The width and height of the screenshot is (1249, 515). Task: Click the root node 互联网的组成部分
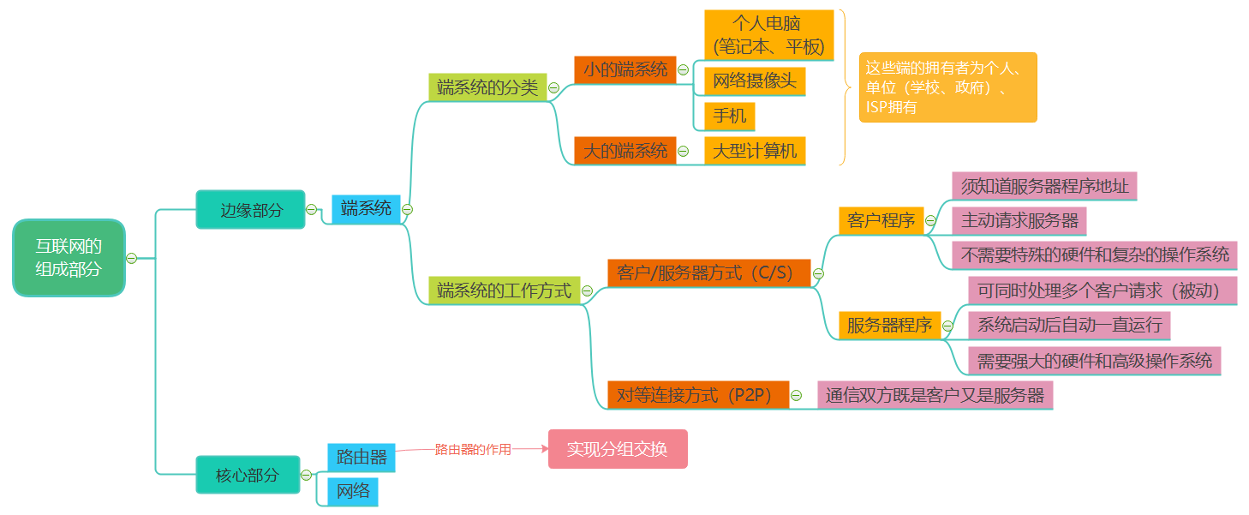pos(69,258)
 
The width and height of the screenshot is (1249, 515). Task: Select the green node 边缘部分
pos(250,210)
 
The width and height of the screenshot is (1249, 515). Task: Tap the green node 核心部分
pos(248,475)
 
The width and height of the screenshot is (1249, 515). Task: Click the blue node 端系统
pos(366,208)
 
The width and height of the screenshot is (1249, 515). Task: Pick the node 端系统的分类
pos(487,87)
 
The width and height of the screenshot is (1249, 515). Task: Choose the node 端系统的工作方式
pos(504,290)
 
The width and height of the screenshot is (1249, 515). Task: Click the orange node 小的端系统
pos(624,69)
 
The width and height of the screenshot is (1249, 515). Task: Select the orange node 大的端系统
pos(624,151)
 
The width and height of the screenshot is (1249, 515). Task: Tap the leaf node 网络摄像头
pos(755,81)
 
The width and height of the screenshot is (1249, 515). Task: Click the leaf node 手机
pos(729,116)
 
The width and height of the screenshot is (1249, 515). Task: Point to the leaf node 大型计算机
pos(755,151)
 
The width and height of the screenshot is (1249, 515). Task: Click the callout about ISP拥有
pos(947,87)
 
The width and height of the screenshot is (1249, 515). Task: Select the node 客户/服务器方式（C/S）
pos(708,273)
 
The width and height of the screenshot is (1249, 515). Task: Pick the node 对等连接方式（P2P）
pos(697,395)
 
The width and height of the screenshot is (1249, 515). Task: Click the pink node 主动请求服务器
pos(1019,220)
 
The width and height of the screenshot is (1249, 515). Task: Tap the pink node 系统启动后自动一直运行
pos(1069,325)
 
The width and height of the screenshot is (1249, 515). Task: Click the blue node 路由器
pos(362,457)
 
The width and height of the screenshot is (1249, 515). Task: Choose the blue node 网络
pos(353,491)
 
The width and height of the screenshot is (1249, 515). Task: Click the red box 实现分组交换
pos(618,449)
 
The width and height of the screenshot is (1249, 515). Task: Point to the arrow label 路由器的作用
pos(473,449)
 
